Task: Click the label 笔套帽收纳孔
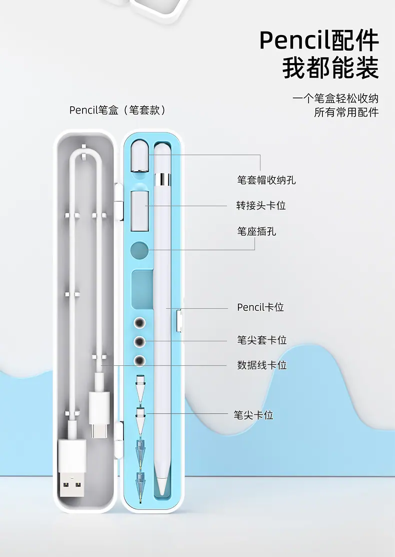(x=266, y=180)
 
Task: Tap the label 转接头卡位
(x=261, y=205)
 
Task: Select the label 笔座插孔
(x=256, y=231)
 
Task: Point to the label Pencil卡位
(x=260, y=307)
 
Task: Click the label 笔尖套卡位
(x=261, y=340)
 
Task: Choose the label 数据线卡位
(x=261, y=365)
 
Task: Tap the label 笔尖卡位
(x=253, y=414)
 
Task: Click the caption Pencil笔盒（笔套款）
(x=117, y=110)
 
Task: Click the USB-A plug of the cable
(x=72, y=468)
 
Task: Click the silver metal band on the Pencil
(x=162, y=179)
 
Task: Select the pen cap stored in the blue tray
(x=139, y=156)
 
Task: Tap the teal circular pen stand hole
(x=139, y=250)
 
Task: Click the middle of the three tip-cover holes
(x=139, y=342)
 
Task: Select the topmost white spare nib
(x=140, y=389)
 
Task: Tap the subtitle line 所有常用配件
(x=346, y=112)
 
